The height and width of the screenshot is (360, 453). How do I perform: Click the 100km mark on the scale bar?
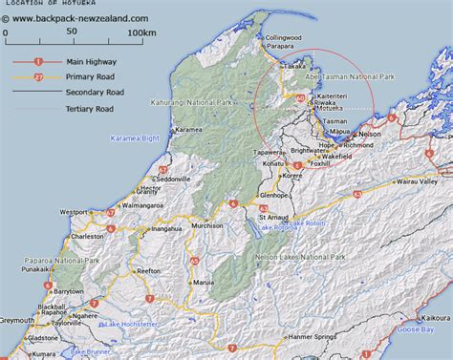coord(141,32)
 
